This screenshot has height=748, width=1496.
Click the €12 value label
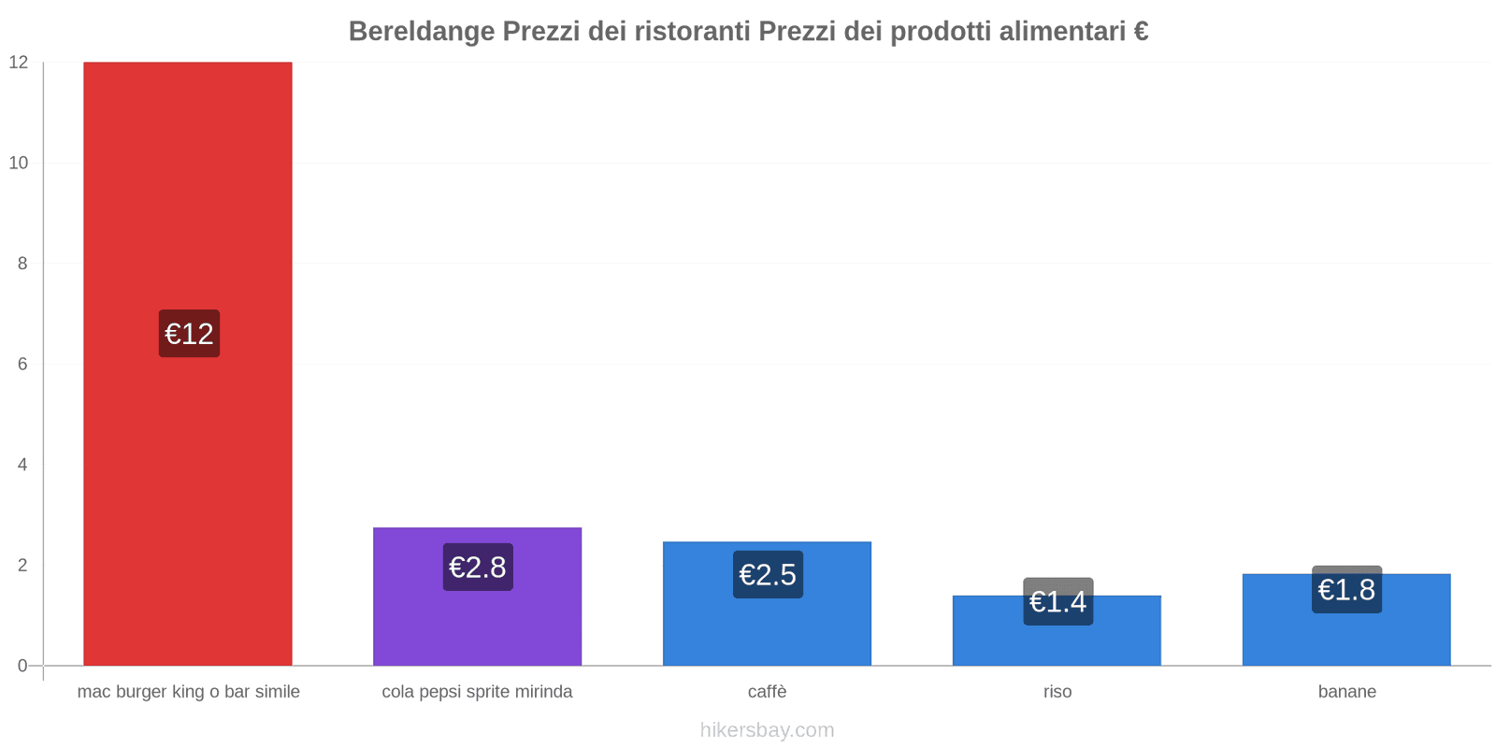pyautogui.click(x=189, y=334)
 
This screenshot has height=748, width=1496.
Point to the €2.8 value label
pyautogui.click(x=478, y=568)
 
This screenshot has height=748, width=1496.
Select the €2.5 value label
pyautogui.click(x=768, y=575)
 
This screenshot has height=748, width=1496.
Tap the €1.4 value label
pyautogui.click(x=1057, y=601)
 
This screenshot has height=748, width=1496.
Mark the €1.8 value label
pyautogui.click(x=1346, y=590)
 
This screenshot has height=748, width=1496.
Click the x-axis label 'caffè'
pyautogui.click(x=767, y=692)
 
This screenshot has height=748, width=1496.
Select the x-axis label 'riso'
pyautogui.click(x=1057, y=692)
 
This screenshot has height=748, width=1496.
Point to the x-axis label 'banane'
pyautogui.click(x=1346, y=692)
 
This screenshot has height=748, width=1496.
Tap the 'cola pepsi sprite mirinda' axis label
pyautogui.click(x=477, y=692)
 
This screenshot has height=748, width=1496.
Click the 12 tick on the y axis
pyautogui.click(x=19, y=63)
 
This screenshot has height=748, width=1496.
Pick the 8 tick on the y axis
pyautogui.click(x=22, y=264)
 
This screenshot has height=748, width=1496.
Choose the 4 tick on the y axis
pyautogui.click(x=22, y=465)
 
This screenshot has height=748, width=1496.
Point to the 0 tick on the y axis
pyautogui.click(x=22, y=666)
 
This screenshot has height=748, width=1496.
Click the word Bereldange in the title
pyautogui.click(x=422, y=32)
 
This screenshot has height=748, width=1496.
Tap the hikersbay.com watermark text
pyautogui.click(x=767, y=730)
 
